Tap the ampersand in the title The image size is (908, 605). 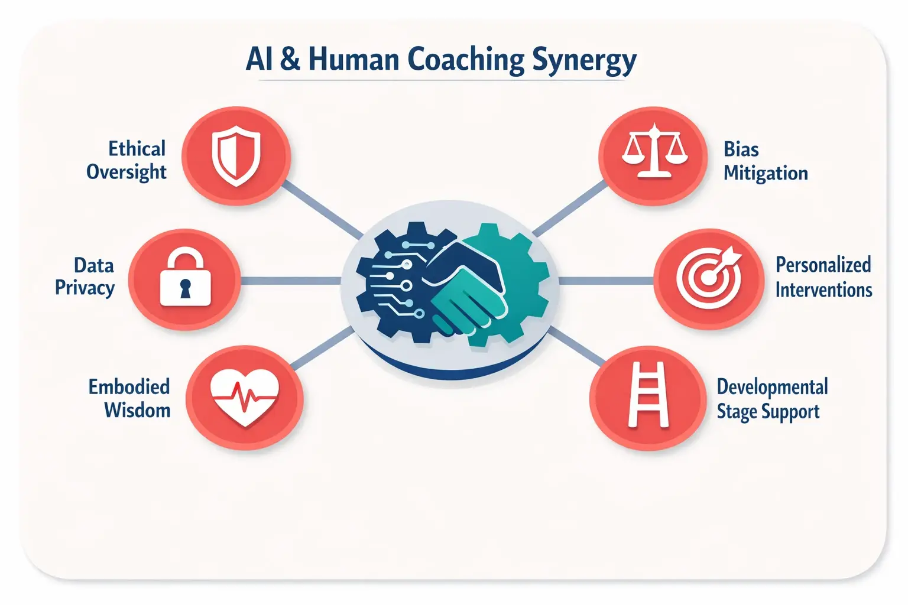290,59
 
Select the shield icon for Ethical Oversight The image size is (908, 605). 236,155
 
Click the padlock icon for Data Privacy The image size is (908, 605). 185,278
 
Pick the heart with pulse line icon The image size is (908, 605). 244,397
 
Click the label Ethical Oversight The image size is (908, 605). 127,160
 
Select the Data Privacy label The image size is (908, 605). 85,277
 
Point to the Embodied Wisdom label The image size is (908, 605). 130,398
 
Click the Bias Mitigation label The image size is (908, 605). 765,161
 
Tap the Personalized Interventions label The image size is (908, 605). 823,277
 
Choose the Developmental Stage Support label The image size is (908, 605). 771,399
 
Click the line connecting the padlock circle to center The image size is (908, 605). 290,280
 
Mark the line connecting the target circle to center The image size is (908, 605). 606,281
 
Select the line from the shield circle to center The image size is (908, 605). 322,209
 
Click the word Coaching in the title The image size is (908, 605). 466,60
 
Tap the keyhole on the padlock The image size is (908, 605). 186,289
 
